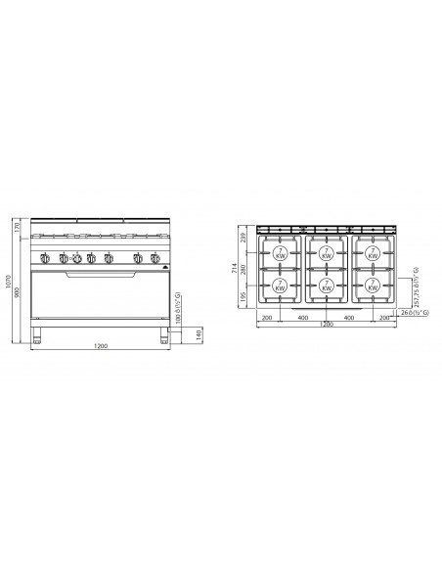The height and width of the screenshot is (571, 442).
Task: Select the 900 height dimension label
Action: tap(19, 291)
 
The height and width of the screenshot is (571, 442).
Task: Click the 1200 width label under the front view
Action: tap(101, 348)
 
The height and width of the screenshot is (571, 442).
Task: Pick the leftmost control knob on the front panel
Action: tap(46, 259)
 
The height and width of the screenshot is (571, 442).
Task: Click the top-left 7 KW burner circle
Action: tap(279, 252)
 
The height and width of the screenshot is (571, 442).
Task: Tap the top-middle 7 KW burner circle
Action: tap(326, 252)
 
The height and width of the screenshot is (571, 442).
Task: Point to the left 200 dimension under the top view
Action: tap(267, 318)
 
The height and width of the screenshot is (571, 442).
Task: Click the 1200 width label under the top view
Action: tap(326, 326)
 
